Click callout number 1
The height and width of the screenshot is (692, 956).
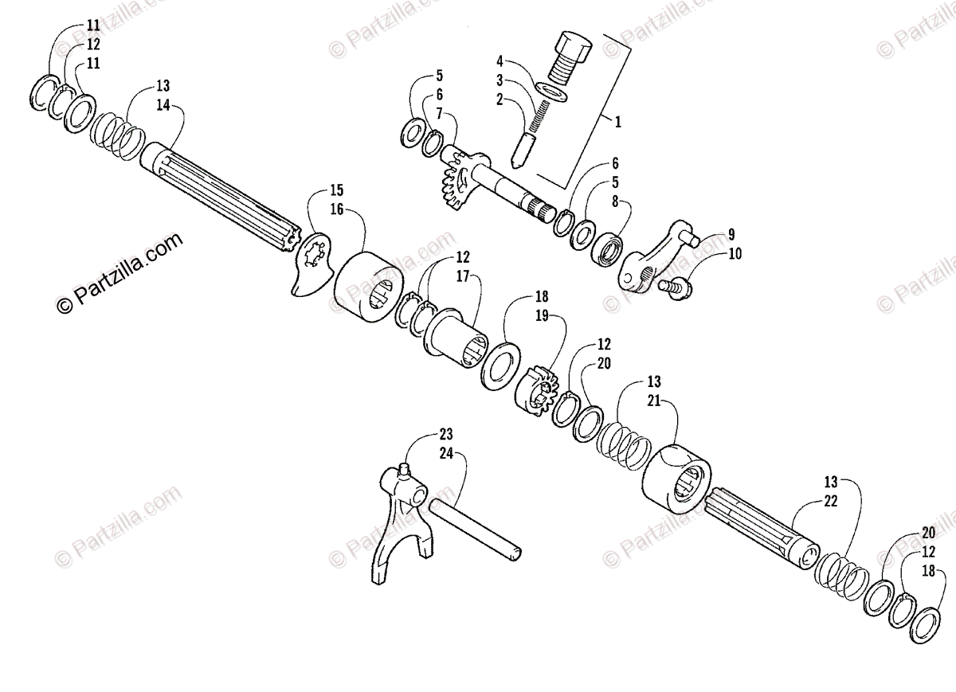coord(617,123)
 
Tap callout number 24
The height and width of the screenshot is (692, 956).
coord(445,453)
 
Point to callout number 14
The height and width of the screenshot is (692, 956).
coord(163,104)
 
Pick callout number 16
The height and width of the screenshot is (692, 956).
coord(337,209)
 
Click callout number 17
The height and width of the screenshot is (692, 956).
coord(463,276)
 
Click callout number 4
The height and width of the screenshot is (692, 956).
coord(500,61)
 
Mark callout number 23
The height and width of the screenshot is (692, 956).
coord(445,435)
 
